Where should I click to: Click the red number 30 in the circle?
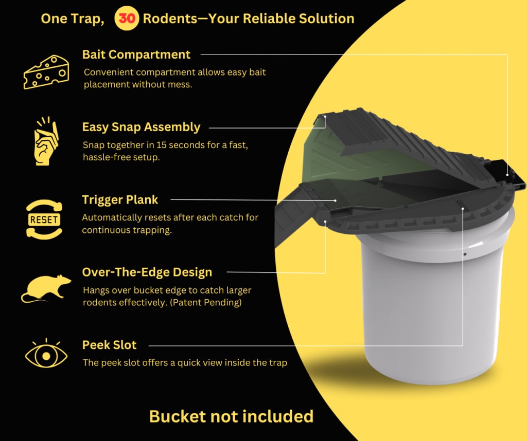127,19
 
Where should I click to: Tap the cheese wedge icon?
46,72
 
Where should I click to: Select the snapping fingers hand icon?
46,141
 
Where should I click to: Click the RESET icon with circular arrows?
44,219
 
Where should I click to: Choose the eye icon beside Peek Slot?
46,354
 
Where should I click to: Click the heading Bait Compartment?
136,54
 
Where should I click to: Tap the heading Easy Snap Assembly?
141,127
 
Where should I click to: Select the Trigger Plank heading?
120,200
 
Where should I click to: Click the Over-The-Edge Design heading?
147,272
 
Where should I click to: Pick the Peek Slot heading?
109,345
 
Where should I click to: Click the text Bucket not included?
231,416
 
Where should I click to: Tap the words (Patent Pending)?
206,302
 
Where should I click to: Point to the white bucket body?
433,302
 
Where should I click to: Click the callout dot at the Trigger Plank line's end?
336,200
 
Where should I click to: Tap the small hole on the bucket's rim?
465,254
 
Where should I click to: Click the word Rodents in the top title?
170,19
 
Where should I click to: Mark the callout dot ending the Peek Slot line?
463,209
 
